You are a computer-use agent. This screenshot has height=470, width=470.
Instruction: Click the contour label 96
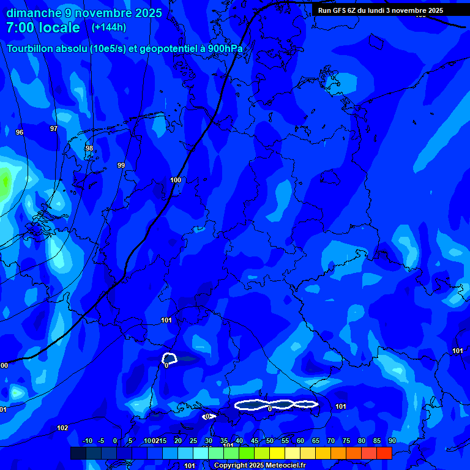click(x=20, y=132)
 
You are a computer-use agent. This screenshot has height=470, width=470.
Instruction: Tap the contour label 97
click(x=54, y=129)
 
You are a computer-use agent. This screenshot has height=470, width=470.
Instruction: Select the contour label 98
click(x=89, y=148)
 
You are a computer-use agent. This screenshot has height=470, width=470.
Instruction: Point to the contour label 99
click(x=121, y=165)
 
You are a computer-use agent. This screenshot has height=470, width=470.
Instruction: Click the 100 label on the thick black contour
click(x=176, y=180)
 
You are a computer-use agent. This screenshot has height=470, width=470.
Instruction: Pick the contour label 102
click(x=62, y=428)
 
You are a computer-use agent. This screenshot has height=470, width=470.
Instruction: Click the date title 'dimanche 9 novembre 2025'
click(x=84, y=13)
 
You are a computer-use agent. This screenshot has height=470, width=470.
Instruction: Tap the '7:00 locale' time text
click(x=43, y=28)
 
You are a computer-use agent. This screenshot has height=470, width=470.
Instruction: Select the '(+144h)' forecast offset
click(x=109, y=28)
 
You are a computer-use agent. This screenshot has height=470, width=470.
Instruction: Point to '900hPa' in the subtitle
click(x=225, y=48)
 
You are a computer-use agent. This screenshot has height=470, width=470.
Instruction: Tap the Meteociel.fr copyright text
click(x=259, y=466)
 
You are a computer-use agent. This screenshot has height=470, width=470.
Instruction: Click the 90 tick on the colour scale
click(x=392, y=441)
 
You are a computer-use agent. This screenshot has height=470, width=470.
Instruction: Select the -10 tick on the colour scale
click(x=87, y=441)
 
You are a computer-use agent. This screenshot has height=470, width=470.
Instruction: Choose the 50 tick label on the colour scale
click(x=270, y=441)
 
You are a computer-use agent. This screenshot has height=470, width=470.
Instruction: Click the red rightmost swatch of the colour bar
click(x=384, y=453)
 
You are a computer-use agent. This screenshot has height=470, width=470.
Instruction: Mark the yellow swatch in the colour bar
click(x=277, y=453)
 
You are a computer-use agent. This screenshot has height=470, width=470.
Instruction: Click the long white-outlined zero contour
click(x=276, y=405)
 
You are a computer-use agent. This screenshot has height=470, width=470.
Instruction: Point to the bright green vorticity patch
click(x=6, y=181)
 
